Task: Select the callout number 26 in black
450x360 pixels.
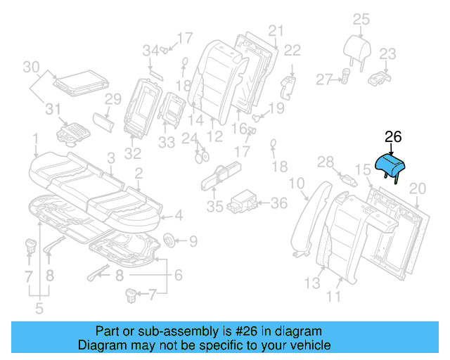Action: pos(393,139)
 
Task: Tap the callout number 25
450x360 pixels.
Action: pos(361,19)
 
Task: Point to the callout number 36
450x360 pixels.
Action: pos(279,203)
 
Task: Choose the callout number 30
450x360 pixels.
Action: pos(30,67)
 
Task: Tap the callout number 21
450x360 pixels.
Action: pos(275,30)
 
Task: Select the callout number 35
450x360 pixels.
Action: pos(214,207)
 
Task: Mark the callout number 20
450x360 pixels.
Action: pos(418,188)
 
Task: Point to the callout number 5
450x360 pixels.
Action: pos(38,307)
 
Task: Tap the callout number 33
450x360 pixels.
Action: pos(166,143)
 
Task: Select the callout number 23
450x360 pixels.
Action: pos(388,54)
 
